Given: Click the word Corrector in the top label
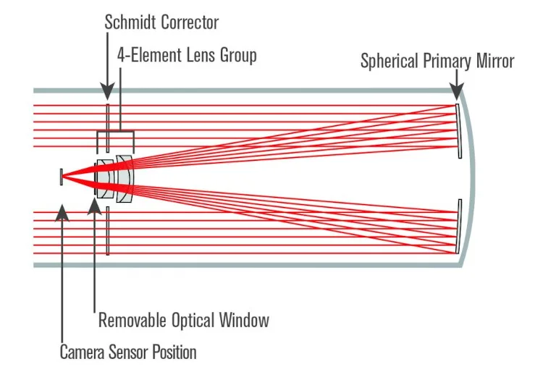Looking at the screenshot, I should point(189,22).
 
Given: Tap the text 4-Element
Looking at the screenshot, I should point(151,55).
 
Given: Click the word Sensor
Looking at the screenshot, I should point(130,352).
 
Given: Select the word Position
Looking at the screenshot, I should point(174,352).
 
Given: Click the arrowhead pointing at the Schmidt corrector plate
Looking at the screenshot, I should point(106,93).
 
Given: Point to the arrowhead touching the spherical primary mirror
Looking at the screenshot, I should point(456,93).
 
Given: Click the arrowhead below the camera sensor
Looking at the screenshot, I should point(62,210).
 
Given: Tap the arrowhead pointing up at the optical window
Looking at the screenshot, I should point(94,206).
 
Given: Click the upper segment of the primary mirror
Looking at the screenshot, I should point(459,131).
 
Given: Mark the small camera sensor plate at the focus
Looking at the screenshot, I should point(62,175).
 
